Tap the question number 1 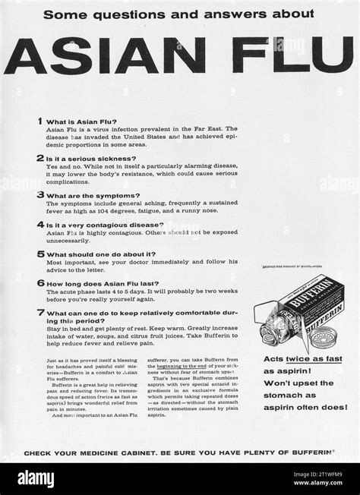tap(39, 121)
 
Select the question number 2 tap(39, 157)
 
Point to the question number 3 tap(39, 194)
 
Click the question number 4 tap(39, 225)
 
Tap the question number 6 tap(39, 282)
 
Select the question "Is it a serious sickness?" tap(87, 158)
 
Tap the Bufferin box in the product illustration tap(310, 289)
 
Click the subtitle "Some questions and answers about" tap(178, 13)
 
